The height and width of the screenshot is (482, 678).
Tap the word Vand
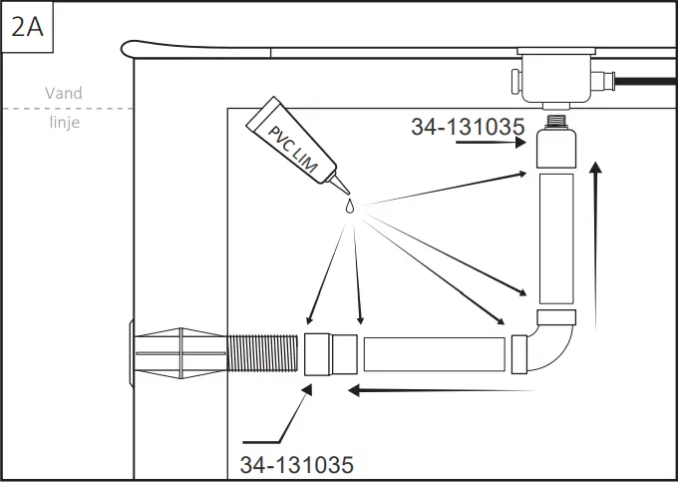click(x=64, y=93)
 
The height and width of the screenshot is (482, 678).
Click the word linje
click(x=64, y=123)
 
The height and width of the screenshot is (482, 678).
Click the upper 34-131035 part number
click(x=469, y=126)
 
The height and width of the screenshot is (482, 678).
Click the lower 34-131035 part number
click(x=296, y=464)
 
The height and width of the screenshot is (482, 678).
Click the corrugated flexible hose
click(x=263, y=354)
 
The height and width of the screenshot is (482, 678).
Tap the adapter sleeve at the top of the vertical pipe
click(x=555, y=150)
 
